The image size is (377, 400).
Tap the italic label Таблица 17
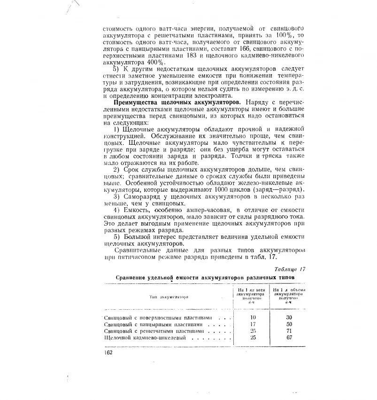pyautogui.click(x=290, y=269)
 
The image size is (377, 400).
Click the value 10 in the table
pyautogui.click(x=254, y=317)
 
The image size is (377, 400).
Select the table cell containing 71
pyautogui.click(x=289, y=331)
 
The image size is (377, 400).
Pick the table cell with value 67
pyautogui.click(x=289, y=338)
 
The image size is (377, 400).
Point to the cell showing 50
pyautogui.click(x=289, y=324)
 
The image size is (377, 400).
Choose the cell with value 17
pyautogui.click(x=254, y=324)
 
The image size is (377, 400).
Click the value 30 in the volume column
pyautogui.click(x=289, y=317)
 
